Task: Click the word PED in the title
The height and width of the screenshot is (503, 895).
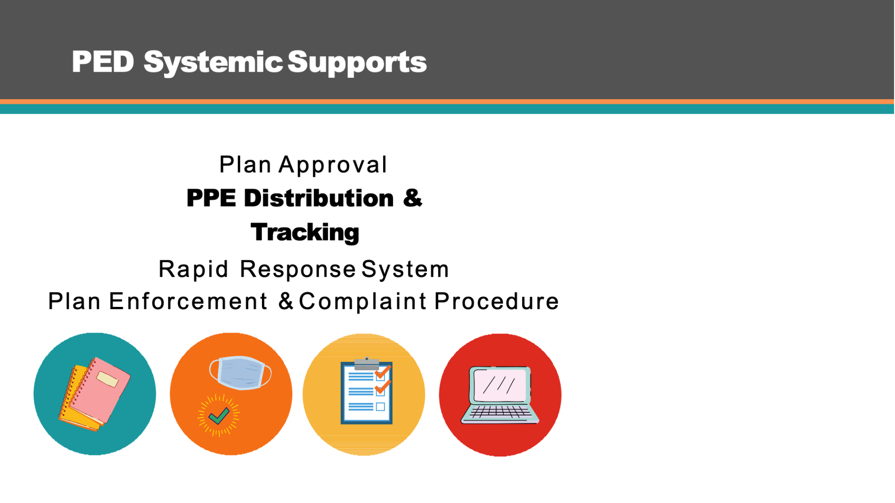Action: [x=103, y=61]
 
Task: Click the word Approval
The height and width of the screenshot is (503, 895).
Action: [x=333, y=165]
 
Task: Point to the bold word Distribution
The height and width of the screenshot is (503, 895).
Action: [x=319, y=198]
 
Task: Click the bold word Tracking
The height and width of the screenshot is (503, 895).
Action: [x=305, y=232]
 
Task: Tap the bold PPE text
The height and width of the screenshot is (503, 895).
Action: [x=211, y=198]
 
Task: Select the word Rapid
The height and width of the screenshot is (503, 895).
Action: [x=193, y=270]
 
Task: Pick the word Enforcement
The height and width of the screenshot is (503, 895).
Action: [x=188, y=301]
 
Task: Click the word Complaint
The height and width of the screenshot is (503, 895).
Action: [x=363, y=301]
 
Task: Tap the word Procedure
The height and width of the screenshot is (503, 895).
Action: [x=496, y=301]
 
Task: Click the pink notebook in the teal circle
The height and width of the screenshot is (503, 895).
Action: [x=100, y=390]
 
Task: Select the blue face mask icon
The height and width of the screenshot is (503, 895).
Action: [x=241, y=373]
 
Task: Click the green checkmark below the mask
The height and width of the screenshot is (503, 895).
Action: [x=219, y=415]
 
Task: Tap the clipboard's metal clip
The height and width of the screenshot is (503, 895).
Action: [x=367, y=364]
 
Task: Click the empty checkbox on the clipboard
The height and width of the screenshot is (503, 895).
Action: [x=380, y=407]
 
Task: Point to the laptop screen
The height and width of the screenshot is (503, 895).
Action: [x=500, y=386]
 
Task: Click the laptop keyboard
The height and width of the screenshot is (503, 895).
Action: [x=500, y=412]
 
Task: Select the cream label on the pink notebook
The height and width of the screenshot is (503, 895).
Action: [x=108, y=379]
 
